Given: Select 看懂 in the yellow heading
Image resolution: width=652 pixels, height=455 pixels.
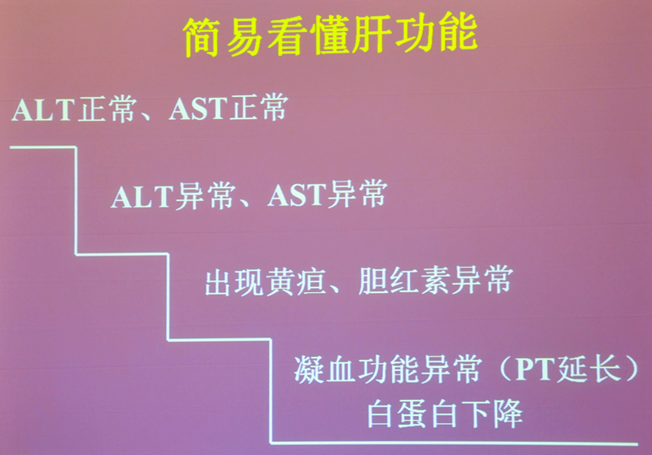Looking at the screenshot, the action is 308,36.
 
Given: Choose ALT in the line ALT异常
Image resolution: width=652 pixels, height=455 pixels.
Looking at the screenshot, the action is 142,197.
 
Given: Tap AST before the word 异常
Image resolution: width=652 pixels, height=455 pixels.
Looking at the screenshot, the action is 297,195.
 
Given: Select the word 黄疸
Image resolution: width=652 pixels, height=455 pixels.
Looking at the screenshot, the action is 296,282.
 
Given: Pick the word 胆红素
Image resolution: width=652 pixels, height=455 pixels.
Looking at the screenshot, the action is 403,281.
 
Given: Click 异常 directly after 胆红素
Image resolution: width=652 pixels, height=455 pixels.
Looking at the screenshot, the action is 482,280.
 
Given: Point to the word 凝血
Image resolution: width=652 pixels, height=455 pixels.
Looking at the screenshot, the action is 324,370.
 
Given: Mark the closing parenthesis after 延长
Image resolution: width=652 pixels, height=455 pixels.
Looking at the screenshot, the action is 631,368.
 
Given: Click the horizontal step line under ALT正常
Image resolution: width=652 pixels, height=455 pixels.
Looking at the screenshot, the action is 43,147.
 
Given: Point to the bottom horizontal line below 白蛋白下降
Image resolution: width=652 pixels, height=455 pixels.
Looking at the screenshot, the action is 454,444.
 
